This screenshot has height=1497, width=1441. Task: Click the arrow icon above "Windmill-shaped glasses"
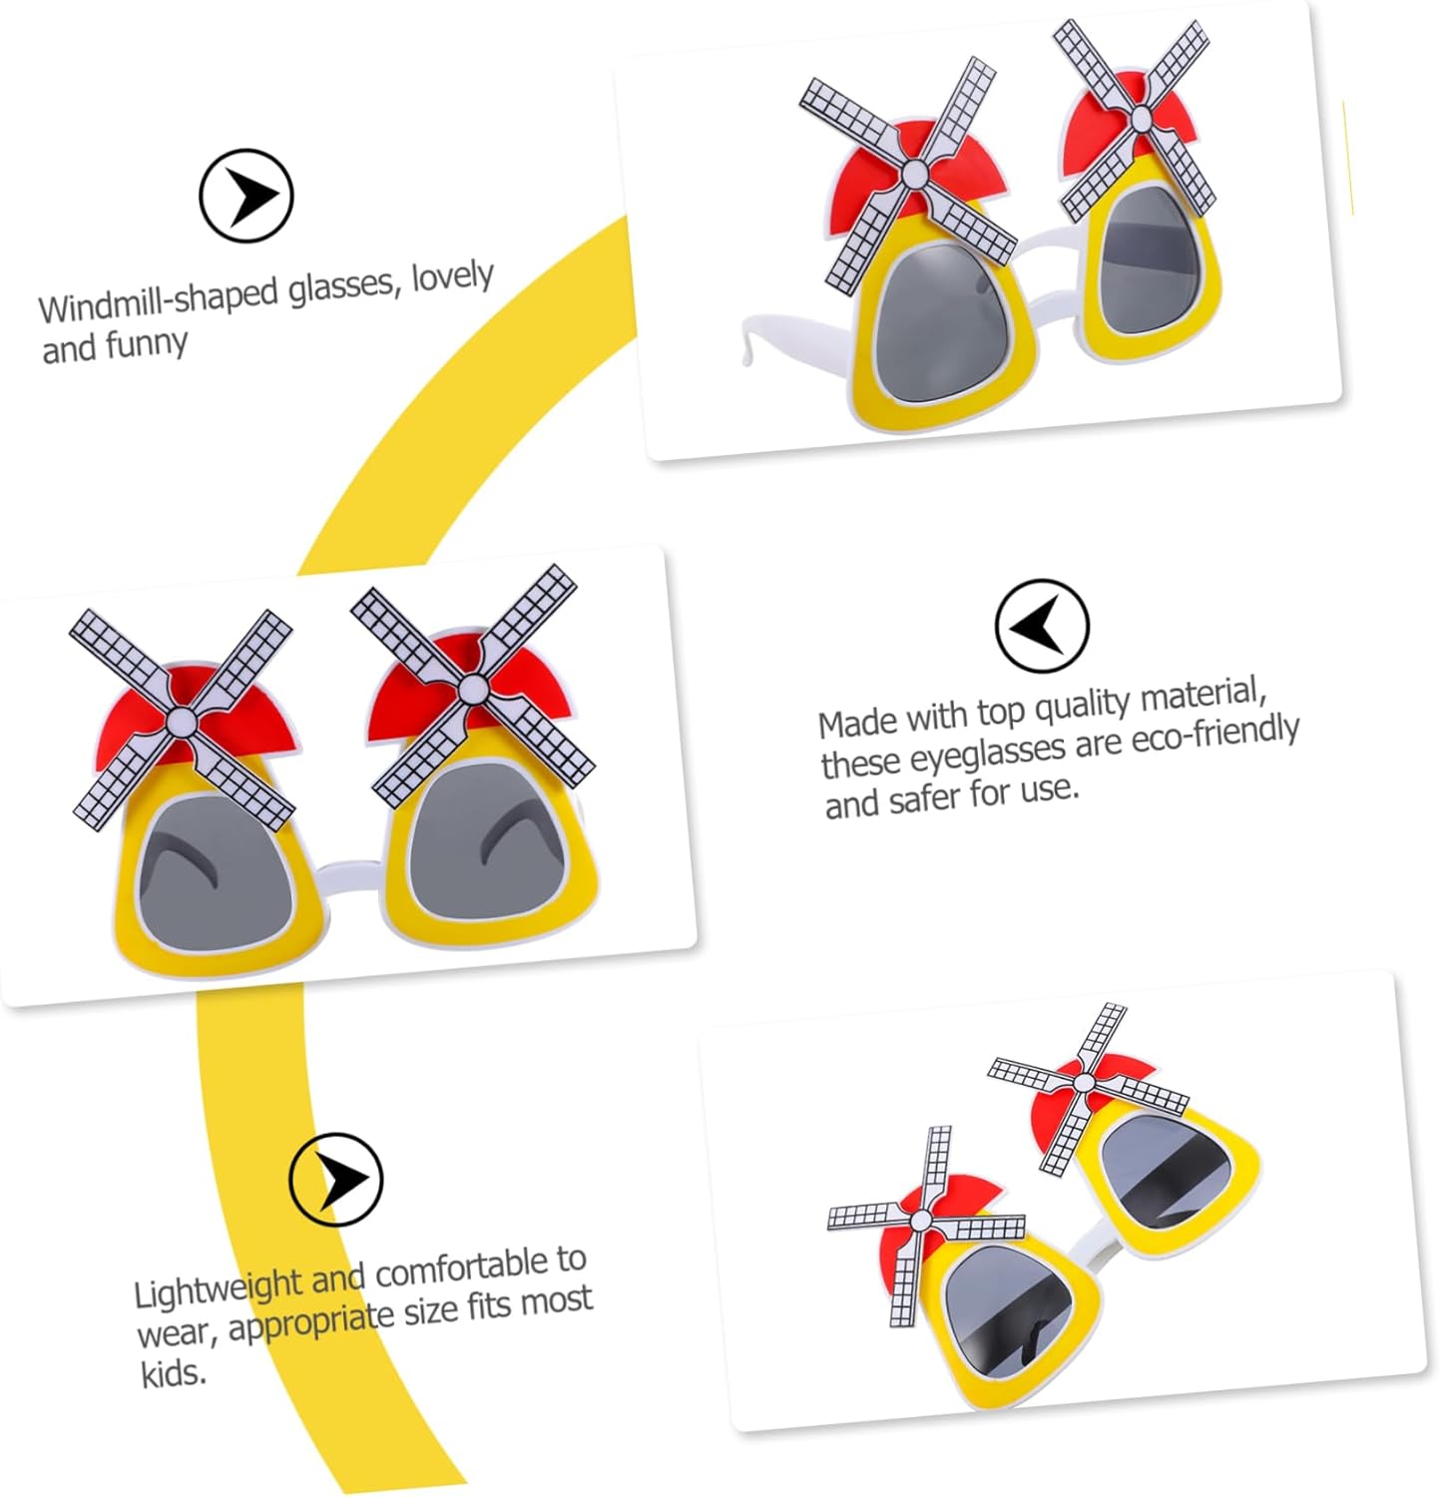pos(245,196)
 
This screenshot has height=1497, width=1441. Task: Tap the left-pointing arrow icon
pos(1042,626)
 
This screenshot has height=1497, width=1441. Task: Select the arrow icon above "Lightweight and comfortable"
pos(336,1179)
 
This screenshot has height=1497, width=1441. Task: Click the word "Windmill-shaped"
pos(158,299)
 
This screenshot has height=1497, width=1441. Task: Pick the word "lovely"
pos(452,276)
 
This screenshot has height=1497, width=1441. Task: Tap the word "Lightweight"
pos(219,1288)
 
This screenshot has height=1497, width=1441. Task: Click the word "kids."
pos(173,1374)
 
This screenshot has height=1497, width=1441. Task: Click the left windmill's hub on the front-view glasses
pos(182,720)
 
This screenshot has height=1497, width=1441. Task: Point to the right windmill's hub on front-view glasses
pos(472,688)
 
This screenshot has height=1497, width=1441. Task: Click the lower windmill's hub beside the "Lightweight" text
pos(921,1220)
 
